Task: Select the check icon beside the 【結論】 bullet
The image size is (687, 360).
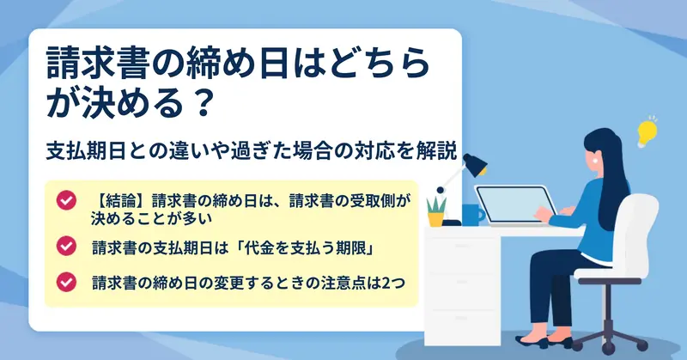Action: (66, 200)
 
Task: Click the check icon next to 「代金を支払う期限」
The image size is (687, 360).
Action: (66, 246)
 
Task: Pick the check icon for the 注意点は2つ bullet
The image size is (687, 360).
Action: (66, 282)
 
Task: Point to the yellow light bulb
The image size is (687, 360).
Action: (647, 131)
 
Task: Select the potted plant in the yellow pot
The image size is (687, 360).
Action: (436, 212)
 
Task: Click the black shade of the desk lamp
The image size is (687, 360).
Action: (476, 164)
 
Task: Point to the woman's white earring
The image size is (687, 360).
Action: (595, 161)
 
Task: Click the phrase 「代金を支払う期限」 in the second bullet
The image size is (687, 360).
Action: (302, 248)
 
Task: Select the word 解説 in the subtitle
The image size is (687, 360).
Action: (441, 150)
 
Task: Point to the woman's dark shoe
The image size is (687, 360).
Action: (532, 341)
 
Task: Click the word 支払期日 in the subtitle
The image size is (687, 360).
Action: (86, 151)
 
